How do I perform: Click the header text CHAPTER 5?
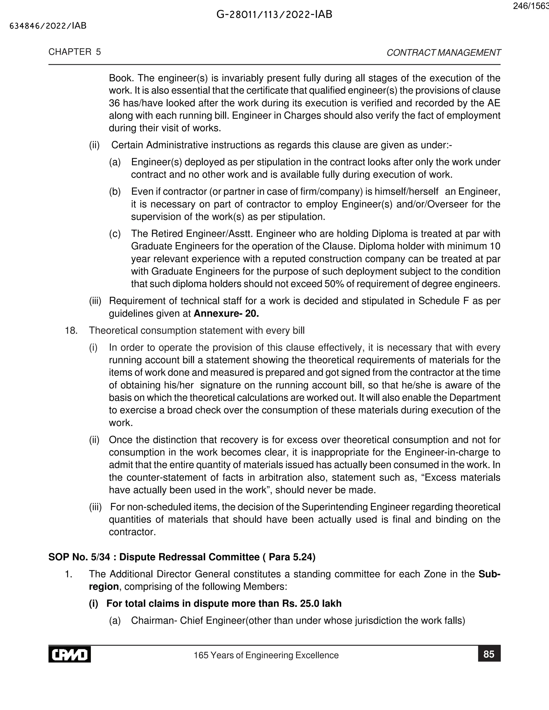[75, 52]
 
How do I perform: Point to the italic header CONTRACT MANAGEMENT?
[444, 53]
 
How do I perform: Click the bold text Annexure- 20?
[226, 313]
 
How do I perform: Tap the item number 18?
[71, 331]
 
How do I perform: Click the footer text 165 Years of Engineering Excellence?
[266, 655]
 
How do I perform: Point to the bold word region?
[104, 586]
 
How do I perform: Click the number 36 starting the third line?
[114, 103]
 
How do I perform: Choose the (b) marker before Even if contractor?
[115, 192]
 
